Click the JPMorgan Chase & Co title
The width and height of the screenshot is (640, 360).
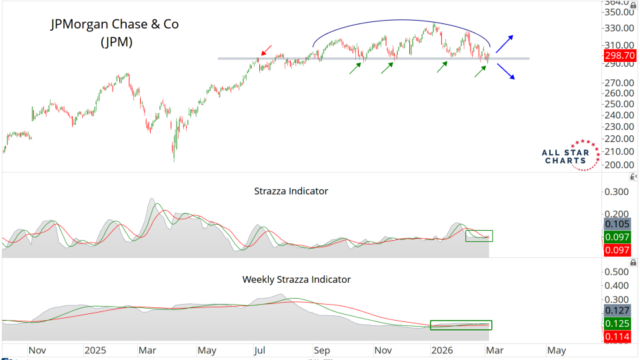pos(115,24)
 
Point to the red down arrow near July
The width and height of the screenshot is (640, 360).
pos(265,49)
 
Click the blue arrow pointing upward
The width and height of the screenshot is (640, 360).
pos(505,43)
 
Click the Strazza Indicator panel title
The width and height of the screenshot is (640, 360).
pos(291,191)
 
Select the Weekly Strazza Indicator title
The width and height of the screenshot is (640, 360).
pos(296,279)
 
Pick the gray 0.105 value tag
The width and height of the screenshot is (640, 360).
pos(617,223)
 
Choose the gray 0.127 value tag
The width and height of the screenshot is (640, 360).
pos(617,309)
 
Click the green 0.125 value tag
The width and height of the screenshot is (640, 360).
pos(617,323)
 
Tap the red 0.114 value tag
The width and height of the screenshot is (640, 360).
pos(617,337)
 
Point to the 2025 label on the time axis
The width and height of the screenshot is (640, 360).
pos(95,349)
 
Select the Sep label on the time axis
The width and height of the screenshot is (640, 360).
pos(323,349)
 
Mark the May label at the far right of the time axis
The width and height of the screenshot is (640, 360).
pos(556,349)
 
